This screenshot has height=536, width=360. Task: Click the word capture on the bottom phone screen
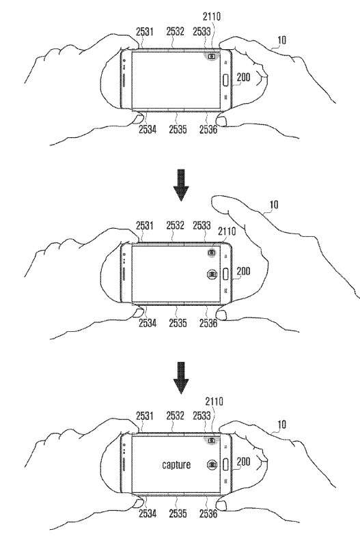pyautogui.click(x=176, y=464)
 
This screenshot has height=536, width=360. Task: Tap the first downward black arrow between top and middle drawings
pyautogui.click(x=181, y=185)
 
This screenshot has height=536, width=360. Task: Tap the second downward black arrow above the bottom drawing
pyautogui.click(x=181, y=378)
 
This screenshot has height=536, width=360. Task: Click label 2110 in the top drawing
pyautogui.click(x=212, y=16)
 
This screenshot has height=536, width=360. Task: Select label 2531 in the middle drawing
pyautogui.click(x=145, y=225)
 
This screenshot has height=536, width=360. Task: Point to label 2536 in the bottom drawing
pyautogui.click(x=208, y=513)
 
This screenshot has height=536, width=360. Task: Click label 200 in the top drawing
pyautogui.click(x=243, y=77)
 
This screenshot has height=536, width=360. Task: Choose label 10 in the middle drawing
pyautogui.click(x=274, y=205)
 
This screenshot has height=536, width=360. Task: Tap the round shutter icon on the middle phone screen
pyautogui.click(x=212, y=274)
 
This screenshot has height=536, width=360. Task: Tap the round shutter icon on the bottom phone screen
pyautogui.click(x=212, y=464)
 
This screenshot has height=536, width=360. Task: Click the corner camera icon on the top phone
pyautogui.click(x=212, y=56)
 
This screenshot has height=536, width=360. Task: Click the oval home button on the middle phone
pyautogui.click(x=225, y=274)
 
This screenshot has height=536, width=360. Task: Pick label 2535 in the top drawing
pyautogui.click(x=178, y=129)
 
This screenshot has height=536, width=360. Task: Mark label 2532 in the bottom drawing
pyautogui.click(x=175, y=416)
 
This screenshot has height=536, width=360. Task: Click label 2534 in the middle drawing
pyautogui.click(x=148, y=323)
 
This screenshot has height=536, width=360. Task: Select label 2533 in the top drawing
pyautogui.click(x=202, y=31)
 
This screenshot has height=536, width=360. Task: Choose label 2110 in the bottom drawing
pyautogui.click(x=214, y=401)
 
